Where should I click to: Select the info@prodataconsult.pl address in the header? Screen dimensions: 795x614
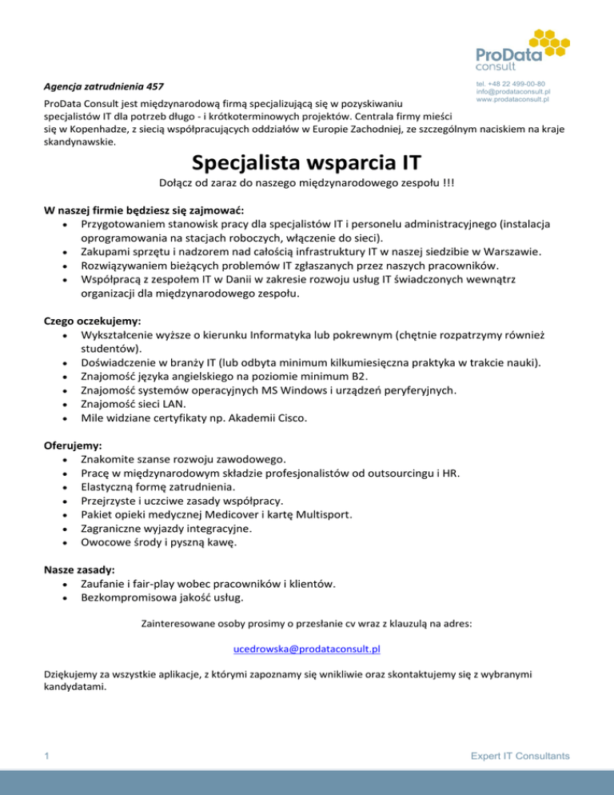click(512, 92)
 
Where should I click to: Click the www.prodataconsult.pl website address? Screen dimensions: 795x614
click(512, 100)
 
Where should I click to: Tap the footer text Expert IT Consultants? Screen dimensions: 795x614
click(520, 754)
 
